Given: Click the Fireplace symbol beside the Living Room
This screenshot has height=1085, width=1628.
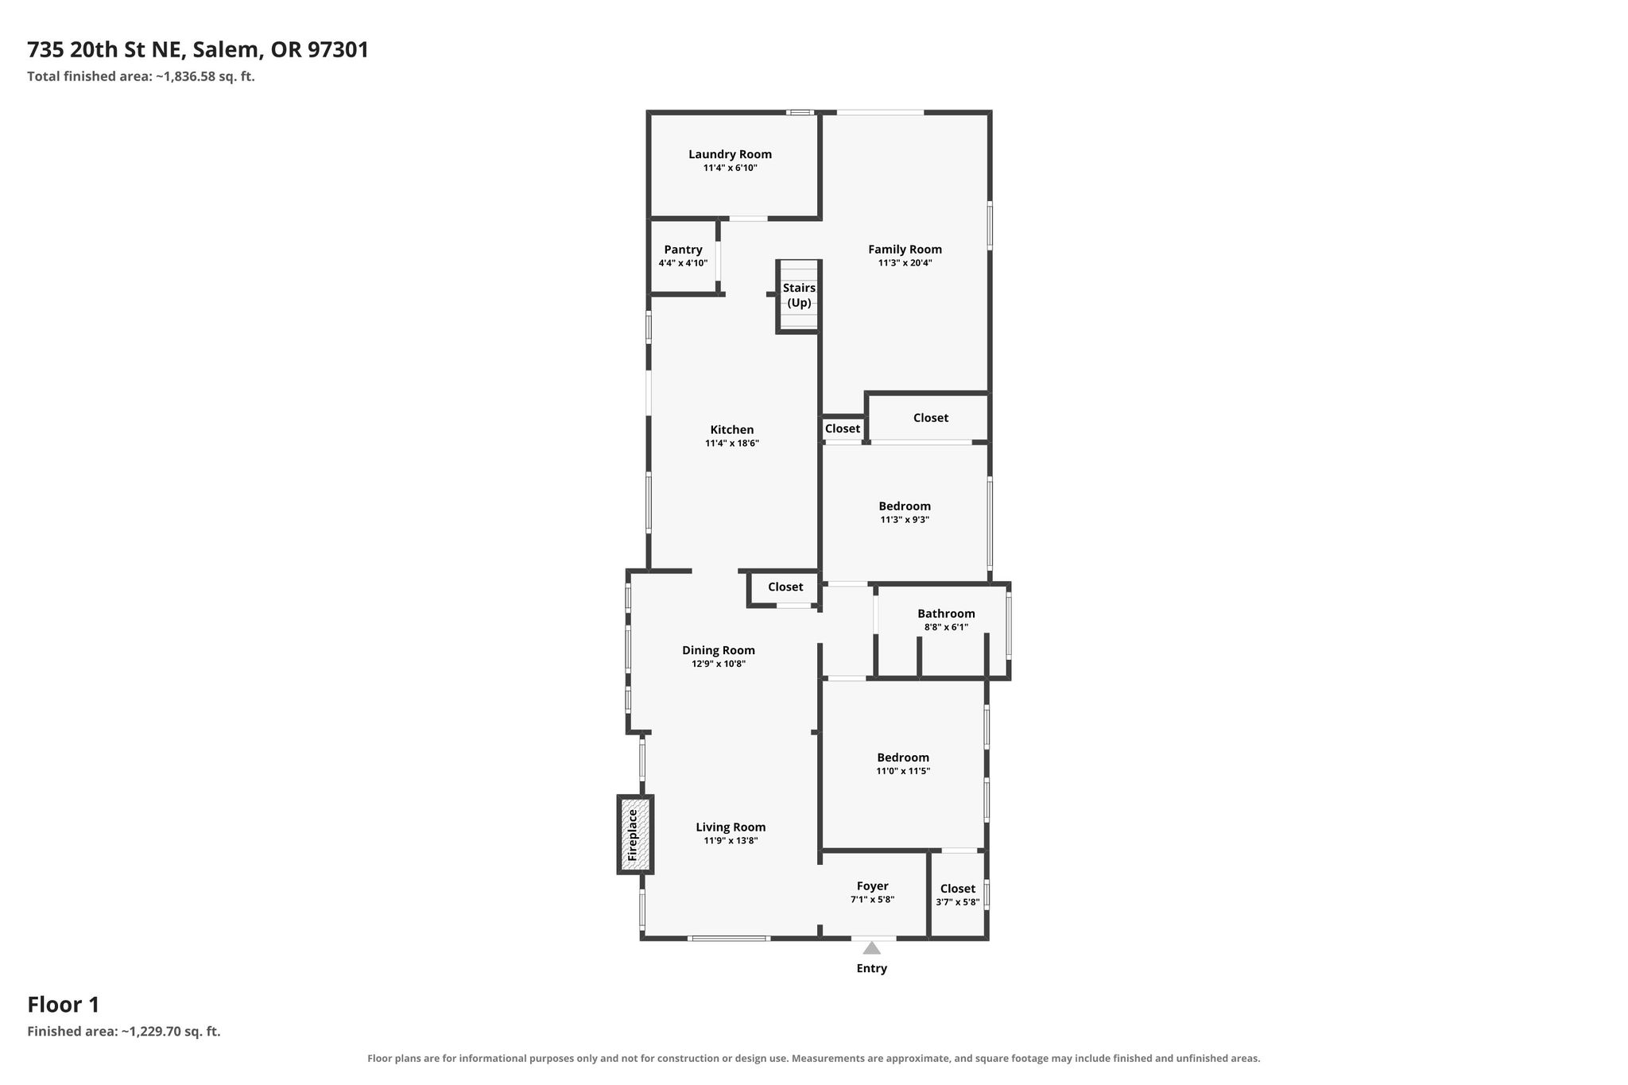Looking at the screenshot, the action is coord(635,835).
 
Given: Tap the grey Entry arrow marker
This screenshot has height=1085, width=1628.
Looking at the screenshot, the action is coord(872,947).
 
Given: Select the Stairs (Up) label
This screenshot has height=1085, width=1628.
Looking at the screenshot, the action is coord(799,295).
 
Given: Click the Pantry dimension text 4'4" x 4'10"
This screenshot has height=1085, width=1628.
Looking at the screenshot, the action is coord(683,263).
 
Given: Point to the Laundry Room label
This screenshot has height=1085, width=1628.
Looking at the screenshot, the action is coord(730,154).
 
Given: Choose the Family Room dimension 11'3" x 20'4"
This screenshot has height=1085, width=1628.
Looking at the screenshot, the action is coord(905,262).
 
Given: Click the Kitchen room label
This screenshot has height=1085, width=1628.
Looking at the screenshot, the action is coord(732,430).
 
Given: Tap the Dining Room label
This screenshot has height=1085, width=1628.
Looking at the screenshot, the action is coord(719,650).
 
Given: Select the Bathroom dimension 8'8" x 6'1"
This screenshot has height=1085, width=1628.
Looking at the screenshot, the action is coord(946,627).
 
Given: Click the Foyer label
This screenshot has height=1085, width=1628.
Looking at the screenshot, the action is coord(872,886).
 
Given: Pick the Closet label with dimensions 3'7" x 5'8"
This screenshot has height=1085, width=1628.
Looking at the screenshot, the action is coord(958,889).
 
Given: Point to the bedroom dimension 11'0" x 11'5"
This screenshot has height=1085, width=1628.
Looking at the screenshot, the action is coord(903,771).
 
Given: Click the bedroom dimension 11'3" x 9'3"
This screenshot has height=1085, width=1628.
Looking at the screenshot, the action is coord(905,520).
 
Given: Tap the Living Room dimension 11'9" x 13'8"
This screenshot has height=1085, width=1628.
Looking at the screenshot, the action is coord(731,841).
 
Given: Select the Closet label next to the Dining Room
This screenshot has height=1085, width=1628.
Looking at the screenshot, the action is coord(785,587).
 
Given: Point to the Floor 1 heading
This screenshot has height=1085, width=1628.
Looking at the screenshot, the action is coord(64,1005).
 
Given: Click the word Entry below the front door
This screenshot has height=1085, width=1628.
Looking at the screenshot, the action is coord(872,968).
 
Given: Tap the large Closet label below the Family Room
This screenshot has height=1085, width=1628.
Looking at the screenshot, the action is coord(931,418).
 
